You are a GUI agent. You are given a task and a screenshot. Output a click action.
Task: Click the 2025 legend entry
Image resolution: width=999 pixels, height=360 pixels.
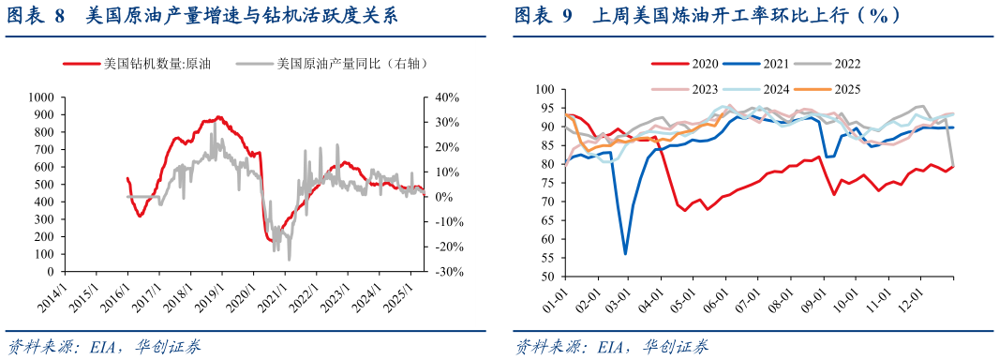(x=845, y=89)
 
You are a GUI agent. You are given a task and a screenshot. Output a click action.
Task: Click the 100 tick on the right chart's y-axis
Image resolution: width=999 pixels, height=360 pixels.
(x=545, y=90)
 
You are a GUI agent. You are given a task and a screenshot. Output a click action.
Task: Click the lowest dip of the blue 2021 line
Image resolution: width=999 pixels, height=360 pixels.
(x=625, y=253)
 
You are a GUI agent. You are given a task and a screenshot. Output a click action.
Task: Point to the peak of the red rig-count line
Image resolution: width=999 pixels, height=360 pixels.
(x=219, y=117)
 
